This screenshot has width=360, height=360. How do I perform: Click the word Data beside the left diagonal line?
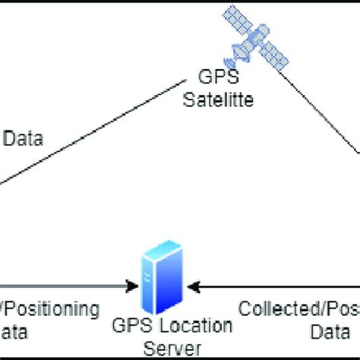coord(24,139)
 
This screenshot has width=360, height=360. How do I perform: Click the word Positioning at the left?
coord(50,310)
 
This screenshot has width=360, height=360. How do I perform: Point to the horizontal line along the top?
coord(180,3)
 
